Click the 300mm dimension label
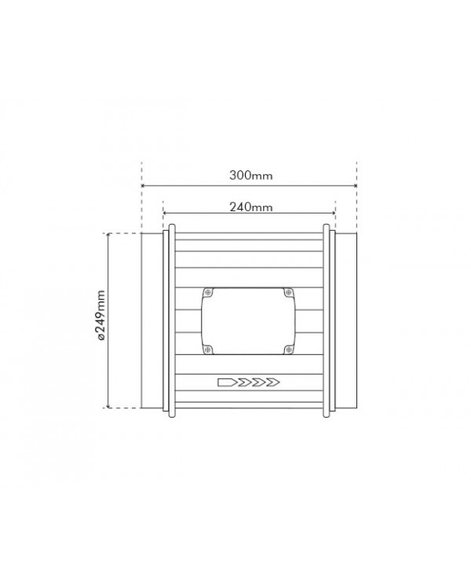250,175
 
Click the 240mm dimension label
250,207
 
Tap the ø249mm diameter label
100,315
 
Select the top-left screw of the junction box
208,293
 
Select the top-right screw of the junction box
288,293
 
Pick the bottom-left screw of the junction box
208,349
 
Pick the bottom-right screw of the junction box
288,349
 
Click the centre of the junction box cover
248,321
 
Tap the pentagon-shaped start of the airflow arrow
226,382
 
